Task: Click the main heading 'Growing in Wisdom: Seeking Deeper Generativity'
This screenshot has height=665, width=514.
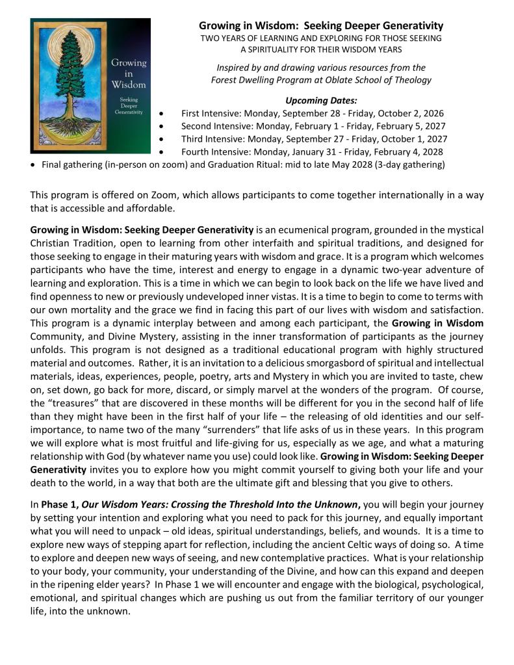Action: [321, 26]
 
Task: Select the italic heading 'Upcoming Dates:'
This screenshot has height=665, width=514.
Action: [321, 100]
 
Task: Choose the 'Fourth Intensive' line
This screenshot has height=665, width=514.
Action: [312, 152]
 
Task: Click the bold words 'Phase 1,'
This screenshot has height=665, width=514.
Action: [60, 504]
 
